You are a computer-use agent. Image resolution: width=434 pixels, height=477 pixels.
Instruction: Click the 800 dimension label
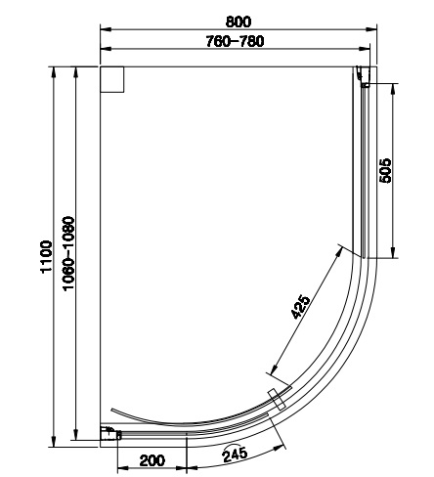click(239, 22)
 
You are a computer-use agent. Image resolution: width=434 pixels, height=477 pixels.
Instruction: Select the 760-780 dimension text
click(235, 41)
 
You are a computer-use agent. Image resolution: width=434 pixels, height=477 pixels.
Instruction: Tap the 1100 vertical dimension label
click(46, 256)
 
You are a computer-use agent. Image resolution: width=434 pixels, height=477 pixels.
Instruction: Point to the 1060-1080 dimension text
click(69, 253)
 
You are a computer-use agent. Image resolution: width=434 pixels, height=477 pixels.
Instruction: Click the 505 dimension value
click(385, 170)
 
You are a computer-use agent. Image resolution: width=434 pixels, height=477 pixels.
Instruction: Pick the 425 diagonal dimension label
click(300, 307)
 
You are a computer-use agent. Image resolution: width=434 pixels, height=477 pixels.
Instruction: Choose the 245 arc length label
click(235, 454)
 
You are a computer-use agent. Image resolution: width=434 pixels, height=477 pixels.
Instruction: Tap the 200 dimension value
click(152, 460)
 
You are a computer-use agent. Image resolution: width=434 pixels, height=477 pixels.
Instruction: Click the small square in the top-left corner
click(112, 79)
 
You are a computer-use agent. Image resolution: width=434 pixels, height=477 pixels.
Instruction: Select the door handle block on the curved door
click(277, 399)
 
